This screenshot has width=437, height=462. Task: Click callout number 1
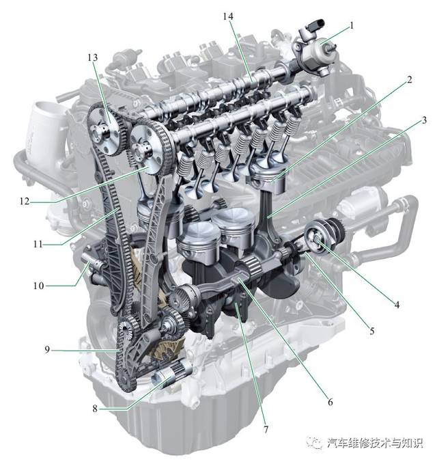coord(352,26)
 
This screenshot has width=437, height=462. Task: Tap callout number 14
coord(228,16)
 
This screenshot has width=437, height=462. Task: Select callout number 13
coord(92,57)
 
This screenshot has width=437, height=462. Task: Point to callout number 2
coord(409,79)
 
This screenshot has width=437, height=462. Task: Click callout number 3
coord(424,120)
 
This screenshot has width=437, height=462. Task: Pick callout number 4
coord(397,305)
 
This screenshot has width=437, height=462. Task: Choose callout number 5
coord(372,331)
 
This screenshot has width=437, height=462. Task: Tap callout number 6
coord(330,402)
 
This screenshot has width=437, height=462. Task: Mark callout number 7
coord(266,429)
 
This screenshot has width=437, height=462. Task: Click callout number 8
coord(95,409)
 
